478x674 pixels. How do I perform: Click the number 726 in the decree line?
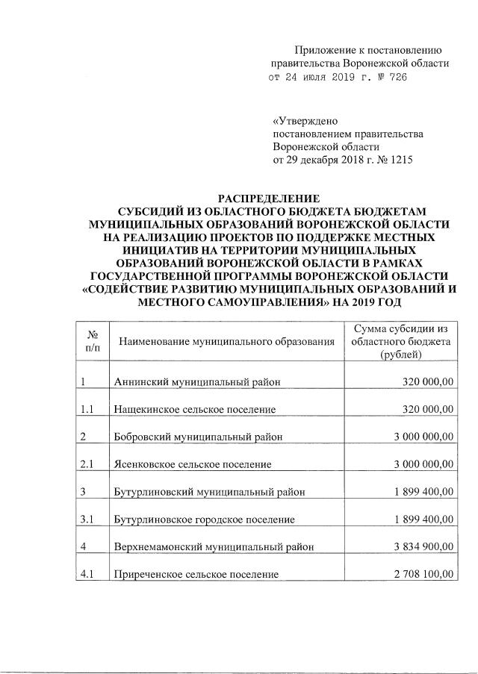pos(396,78)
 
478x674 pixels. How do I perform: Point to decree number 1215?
pos(400,160)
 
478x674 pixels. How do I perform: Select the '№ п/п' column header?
pos(93,341)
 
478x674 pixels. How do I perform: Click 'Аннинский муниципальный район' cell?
pos(197,382)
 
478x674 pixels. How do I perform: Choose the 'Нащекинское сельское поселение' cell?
pos(195,410)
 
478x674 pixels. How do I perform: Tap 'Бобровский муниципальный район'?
pos(198,437)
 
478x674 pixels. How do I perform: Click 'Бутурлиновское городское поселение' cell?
pos(204,519)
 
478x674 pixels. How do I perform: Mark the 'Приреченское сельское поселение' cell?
pos(196,574)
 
